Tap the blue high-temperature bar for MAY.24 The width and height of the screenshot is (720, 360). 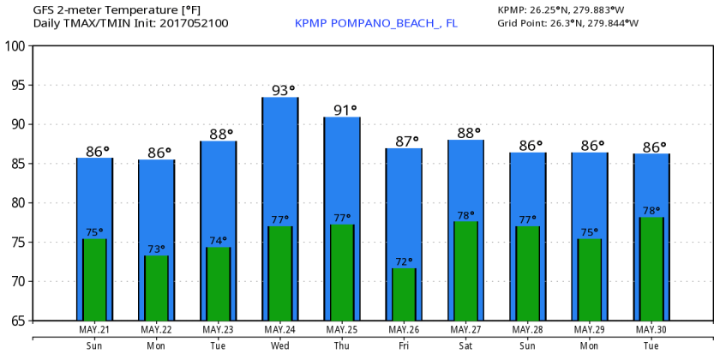pos(279,163)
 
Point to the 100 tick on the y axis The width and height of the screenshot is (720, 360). pos(16,45)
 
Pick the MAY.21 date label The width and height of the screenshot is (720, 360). pos(94,329)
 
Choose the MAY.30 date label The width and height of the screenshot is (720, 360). pos(651,329)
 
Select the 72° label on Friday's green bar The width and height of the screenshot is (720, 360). pos(404,261)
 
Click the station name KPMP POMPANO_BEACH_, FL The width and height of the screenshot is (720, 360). pos(375,23)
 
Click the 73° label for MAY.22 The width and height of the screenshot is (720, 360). pos(157,249)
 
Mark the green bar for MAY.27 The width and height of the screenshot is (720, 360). pos(465,270)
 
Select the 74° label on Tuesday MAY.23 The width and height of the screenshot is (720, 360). pos(219,241)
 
